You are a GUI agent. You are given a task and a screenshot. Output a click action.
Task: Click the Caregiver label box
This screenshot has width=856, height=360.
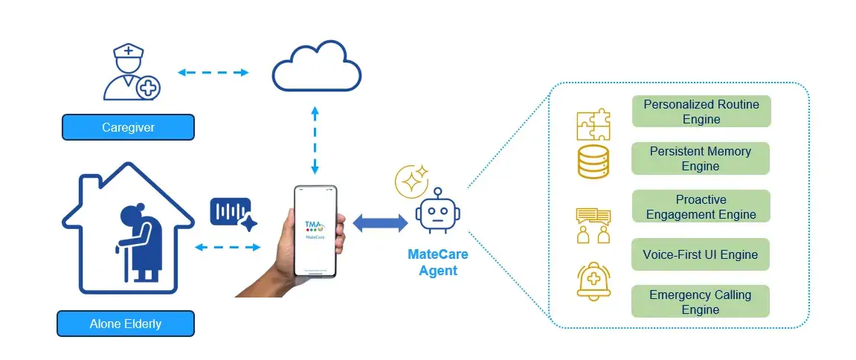pos(128,127)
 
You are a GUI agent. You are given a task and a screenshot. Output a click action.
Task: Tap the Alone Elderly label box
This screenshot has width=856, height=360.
pos(125,324)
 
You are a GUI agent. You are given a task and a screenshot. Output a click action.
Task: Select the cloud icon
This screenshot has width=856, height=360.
pos(316,68)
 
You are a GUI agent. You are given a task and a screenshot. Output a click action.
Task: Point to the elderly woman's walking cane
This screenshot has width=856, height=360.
pos(123,260)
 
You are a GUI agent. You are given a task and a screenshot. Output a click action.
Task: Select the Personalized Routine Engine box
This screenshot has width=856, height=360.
pos(701,112)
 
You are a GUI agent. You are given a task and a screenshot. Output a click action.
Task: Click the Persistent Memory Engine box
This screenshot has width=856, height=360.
pos(700,158)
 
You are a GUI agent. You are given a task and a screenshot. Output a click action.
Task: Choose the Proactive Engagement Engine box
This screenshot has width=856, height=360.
pos(701,207)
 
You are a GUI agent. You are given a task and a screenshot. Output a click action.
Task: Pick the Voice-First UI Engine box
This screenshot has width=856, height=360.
pos(700,254)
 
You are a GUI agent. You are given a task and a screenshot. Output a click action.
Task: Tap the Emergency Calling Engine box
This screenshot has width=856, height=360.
pos(700,302)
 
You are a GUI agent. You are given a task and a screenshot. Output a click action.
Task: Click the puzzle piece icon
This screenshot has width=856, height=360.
pos(593,124)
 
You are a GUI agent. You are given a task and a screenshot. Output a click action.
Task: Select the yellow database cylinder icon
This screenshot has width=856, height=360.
pos(593,161)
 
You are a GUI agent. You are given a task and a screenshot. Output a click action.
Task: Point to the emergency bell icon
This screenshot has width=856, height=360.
pos(593,282)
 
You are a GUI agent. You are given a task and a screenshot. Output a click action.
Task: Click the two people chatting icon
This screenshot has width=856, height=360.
pos(593,225)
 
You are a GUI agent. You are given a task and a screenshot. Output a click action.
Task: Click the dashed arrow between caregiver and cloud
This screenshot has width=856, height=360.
pos(213,73)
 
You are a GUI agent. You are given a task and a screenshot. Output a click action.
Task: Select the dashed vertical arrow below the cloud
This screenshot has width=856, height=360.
pos(315,141)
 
